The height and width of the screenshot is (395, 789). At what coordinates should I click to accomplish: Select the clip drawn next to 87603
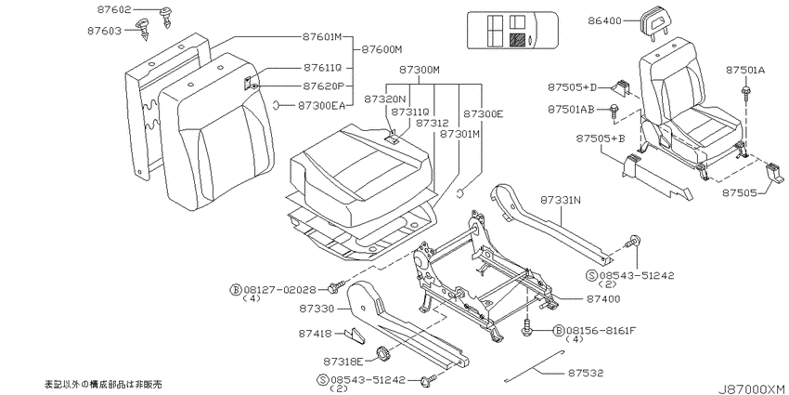[x=145, y=29]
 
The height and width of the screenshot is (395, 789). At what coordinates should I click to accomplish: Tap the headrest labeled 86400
[x=653, y=20]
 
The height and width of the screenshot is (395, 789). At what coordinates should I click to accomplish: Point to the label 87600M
[x=382, y=50]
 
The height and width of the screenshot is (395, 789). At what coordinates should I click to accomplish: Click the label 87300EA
[x=321, y=105]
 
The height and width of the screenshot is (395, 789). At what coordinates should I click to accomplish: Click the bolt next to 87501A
[x=746, y=92]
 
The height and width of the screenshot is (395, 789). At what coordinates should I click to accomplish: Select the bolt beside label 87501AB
[x=614, y=111]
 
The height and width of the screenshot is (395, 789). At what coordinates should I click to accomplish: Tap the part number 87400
[x=602, y=298]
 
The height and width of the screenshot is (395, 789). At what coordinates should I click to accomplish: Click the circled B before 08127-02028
[x=236, y=289]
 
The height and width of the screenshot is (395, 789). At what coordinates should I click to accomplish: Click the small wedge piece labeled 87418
[x=356, y=336]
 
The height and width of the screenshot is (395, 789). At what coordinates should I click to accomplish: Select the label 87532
[x=586, y=374]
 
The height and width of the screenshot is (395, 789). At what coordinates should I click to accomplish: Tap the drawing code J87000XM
[x=751, y=388]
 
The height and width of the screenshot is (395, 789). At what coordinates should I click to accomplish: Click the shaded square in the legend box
[x=517, y=39]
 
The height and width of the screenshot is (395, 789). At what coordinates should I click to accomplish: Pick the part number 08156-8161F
[x=601, y=331]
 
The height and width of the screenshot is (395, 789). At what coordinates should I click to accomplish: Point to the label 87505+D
[x=572, y=87]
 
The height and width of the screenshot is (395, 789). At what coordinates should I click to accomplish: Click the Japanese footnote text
[x=104, y=384]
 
